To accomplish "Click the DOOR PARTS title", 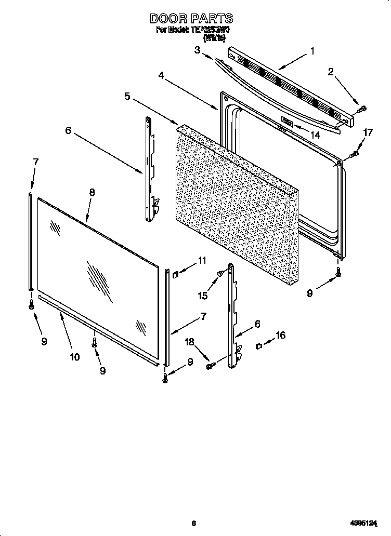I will tap(191, 19).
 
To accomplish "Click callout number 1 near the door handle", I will tap(312, 51).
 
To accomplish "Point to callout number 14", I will tap(315, 135).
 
